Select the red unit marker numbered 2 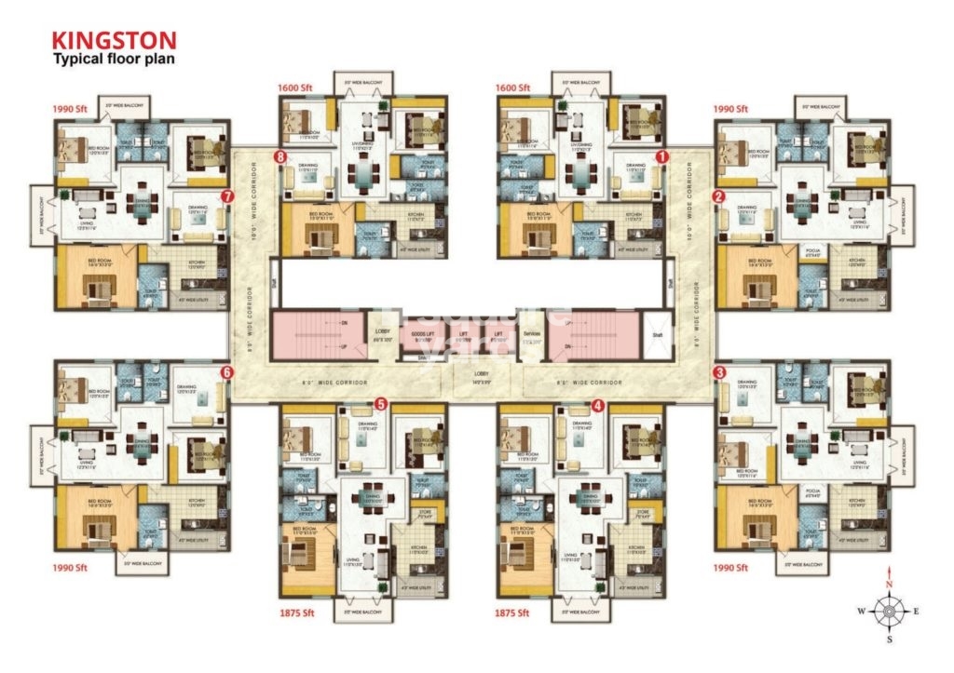tap(718, 196)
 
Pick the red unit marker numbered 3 tap(718, 372)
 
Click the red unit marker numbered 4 tap(598, 405)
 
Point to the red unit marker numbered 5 tap(380, 404)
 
